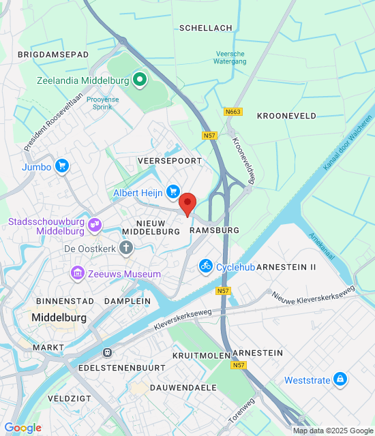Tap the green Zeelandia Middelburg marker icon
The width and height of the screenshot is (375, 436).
pos(140,80)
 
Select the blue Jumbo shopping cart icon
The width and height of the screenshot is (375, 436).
pos(63,166)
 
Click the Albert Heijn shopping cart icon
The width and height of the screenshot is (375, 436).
pos(173,193)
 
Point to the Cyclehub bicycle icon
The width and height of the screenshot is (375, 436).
pos(205,266)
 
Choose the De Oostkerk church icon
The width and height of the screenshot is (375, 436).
pos(126,248)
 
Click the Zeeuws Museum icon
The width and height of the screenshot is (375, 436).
pos(78,274)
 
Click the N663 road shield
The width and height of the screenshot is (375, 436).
pos(232,111)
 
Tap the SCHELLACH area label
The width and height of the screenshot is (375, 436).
pos(205,28)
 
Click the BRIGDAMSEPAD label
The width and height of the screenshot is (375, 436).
pos(53,53)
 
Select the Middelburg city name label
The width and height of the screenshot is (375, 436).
pos(59,318)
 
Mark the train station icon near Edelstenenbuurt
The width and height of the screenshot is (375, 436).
pos(107,352)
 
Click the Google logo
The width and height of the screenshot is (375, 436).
pos(22,427)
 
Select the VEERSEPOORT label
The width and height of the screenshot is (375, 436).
pos(169,160)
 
